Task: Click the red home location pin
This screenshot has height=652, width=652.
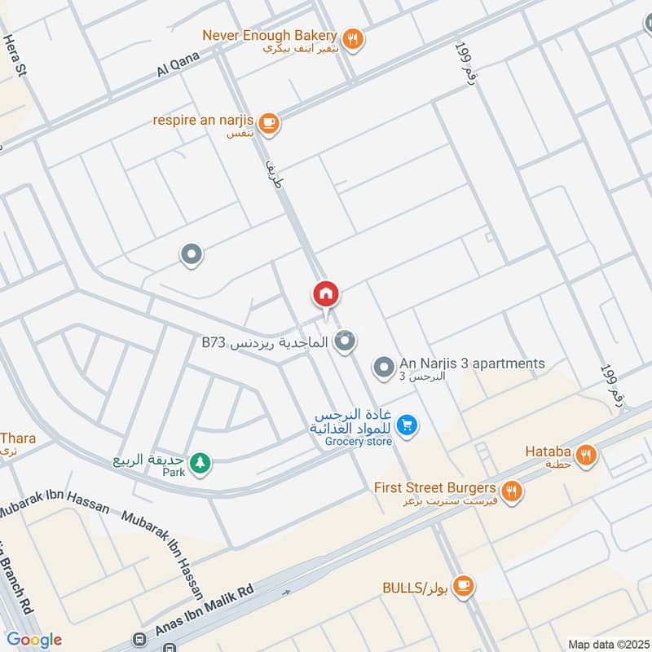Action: pyautogui.click(x=326, y=294)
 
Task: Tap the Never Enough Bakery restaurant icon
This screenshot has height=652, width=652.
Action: pyautogui.click(x=353, y=37)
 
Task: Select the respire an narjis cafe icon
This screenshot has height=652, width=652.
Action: pyautogui.click(x=271, y=122)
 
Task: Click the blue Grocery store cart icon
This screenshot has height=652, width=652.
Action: pyautogui.click(x=409, y=424)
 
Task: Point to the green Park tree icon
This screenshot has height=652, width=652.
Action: pyautogui.click(x=200, y=464)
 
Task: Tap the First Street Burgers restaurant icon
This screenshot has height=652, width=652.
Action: pyautogui.click(x=512, y=490)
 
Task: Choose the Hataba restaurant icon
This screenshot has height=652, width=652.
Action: pyautogui.click(x=585, y=456)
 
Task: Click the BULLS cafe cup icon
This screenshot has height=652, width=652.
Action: pyautogui.click(x=464, y=585)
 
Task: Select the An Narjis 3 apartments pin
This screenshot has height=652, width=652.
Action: pyautogui.click(x=383, y=368)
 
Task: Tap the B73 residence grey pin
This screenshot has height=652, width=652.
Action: pyautogui.click(x=346, y=341)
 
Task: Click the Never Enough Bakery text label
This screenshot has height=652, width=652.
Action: pyautogui.click(x=269, y=36)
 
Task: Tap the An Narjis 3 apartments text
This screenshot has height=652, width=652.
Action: pyautogui.click(x=472, y=363)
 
